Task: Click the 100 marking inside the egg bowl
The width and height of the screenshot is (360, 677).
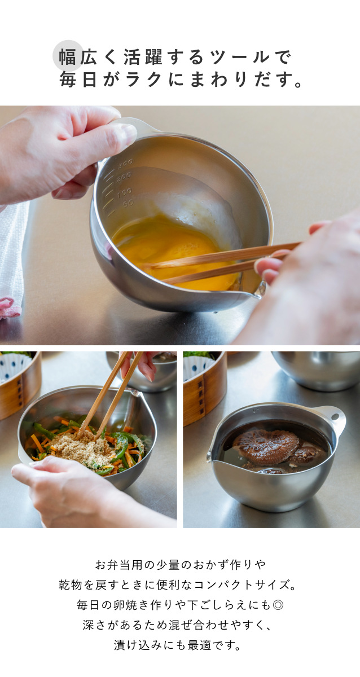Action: [125, 192]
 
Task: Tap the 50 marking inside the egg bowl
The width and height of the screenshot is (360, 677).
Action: [128, 204]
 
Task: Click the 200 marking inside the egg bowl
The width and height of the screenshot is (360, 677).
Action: [124, 177]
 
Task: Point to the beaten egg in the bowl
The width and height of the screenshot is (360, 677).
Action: [175, 251]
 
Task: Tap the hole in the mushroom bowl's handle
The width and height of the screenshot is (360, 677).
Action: [335, 417]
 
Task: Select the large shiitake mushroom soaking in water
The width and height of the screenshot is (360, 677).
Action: [266, 447]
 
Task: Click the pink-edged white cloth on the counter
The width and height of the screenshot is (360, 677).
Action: [11, 260]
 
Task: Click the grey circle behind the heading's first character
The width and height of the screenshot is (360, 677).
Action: [68, 56]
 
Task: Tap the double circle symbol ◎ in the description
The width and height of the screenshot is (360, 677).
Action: [278, 605]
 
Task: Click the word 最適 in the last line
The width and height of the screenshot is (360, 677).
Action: [199, 645]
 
